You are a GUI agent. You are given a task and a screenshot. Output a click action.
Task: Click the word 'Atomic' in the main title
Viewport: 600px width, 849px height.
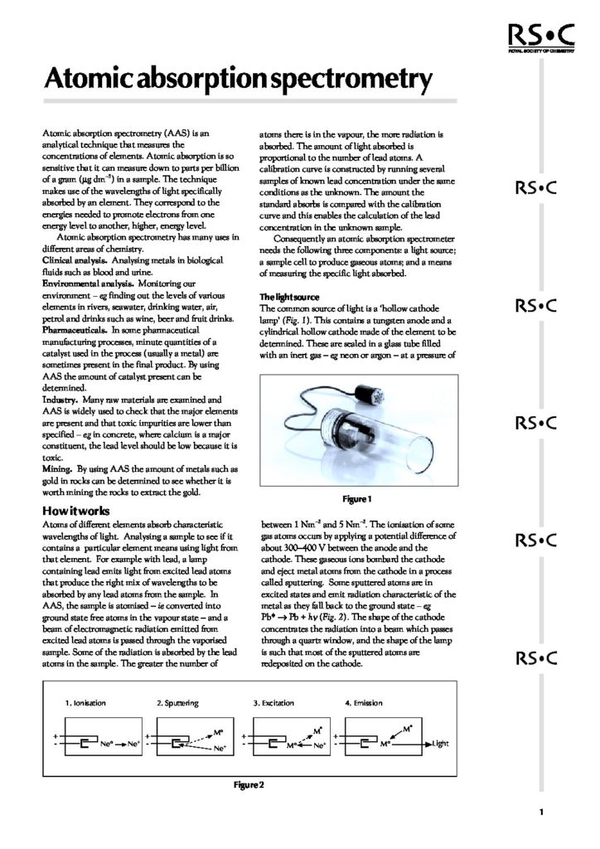click(89, 80)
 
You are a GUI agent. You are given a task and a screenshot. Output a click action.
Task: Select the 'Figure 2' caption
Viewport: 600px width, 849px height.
click(249, 784)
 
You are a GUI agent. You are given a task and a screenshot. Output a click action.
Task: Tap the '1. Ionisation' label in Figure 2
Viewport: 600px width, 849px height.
click(85, 703)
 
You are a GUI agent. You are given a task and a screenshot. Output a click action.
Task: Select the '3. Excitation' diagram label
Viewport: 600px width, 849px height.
click(273, 703)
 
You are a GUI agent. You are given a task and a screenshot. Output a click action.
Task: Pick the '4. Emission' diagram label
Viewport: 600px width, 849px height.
click(364, 703)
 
